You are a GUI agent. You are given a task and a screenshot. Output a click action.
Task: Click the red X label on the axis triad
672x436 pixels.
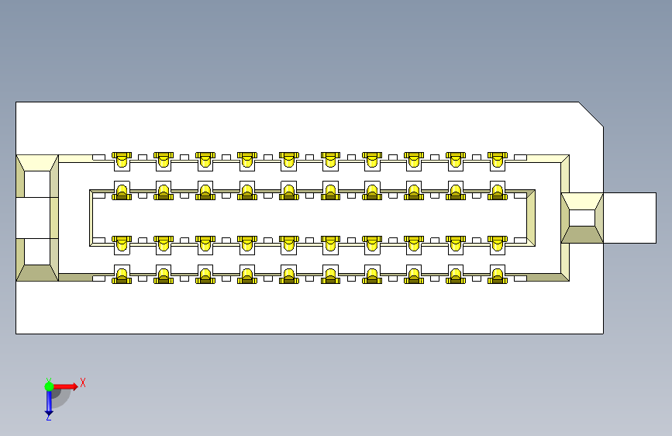point(82,382)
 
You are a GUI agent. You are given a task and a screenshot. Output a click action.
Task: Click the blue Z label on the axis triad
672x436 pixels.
point(48,417)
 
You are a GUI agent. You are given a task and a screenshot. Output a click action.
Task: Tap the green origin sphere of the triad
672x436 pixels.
point(49,386)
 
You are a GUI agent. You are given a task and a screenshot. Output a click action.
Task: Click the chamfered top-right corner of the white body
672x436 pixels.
point(591,113)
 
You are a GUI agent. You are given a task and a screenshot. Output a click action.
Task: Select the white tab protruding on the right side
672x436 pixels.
point(629,218)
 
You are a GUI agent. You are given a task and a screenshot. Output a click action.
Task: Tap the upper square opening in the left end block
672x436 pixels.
point(36,184)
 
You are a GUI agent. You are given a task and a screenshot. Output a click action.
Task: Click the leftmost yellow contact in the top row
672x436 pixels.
point(122,161)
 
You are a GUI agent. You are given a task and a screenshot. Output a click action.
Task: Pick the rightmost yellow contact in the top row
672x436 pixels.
point(497,161)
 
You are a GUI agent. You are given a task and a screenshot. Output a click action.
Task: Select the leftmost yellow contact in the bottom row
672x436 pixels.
point(122,275)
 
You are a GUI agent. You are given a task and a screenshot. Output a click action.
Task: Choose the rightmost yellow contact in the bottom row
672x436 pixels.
point(497,275)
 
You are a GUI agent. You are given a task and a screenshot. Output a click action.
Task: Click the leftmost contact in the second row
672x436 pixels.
point(122,192)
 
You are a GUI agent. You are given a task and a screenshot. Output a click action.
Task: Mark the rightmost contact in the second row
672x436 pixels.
point(497,192)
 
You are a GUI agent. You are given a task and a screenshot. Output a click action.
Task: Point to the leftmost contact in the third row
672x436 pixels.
point(122,244)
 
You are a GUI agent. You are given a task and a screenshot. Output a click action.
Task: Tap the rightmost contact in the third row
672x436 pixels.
point(497,244)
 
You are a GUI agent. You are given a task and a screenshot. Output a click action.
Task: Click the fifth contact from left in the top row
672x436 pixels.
point(288,161)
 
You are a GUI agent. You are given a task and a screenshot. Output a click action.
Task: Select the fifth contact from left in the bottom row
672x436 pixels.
point(288,275)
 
